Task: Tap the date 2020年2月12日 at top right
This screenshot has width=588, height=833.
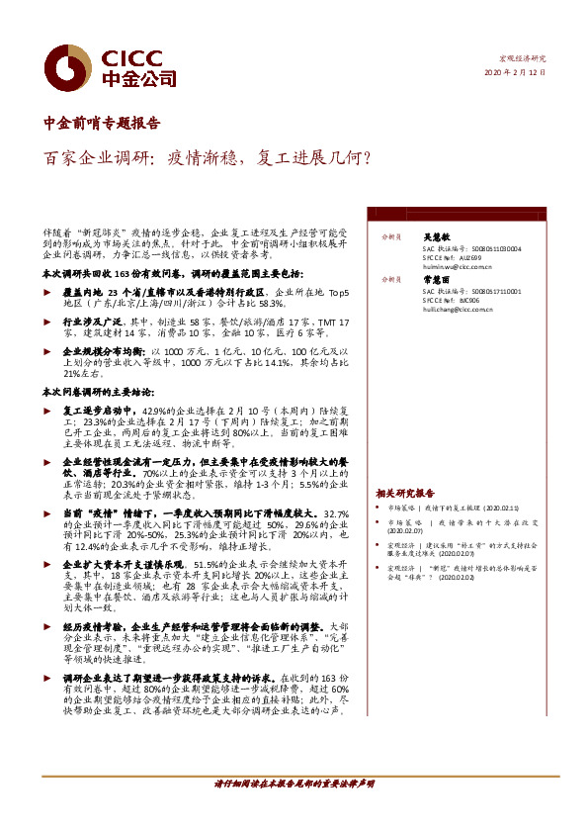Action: tap(514, 73)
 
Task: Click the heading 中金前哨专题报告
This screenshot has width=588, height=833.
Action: tap(102, 124)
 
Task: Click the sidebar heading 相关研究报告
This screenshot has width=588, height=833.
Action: tap(405, 492)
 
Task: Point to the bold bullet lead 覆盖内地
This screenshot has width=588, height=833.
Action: tap(83, 293)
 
